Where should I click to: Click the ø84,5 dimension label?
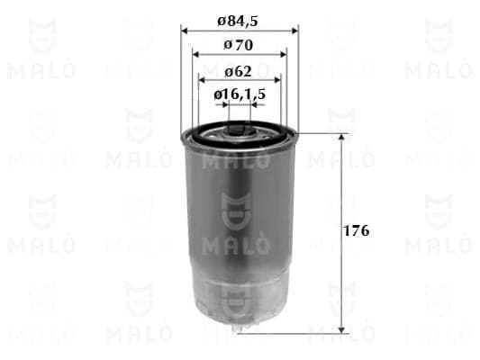[x=238, y=22]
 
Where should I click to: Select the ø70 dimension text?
[x=239, y=46]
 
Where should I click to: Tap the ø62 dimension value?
[x=238, y=72]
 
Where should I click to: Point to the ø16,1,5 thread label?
[x=240, y=94]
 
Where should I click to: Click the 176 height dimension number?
[x=357, y=231]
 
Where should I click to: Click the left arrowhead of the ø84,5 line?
[x=184, y=31]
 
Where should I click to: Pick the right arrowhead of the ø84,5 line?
[x=295, y=31]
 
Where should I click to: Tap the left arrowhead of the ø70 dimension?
[x=195, y=55]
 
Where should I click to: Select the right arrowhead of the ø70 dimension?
[x=284, y=55]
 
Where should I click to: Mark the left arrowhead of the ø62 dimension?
[x=202, y=80]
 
